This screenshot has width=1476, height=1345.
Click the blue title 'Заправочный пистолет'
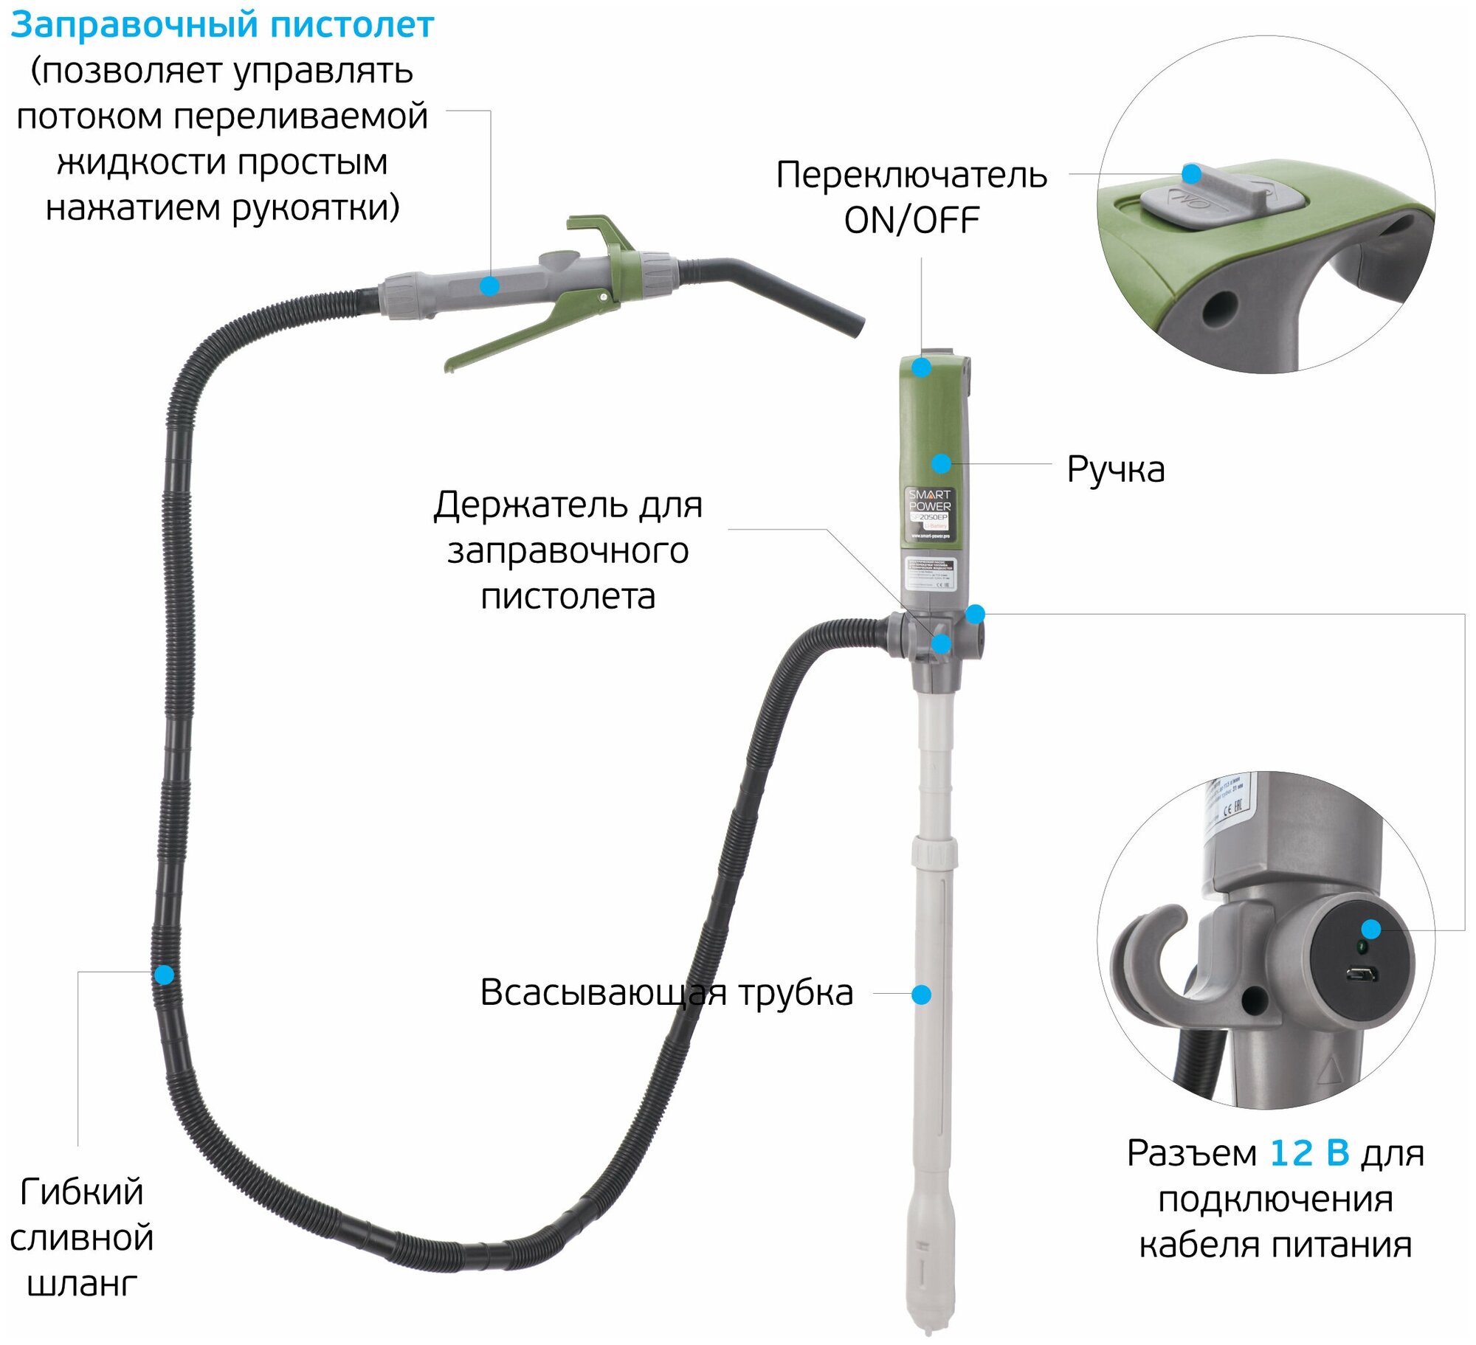pyautogui.click(x=221, y=25)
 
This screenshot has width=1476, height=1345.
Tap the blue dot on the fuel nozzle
pyautogui.click(x=489, y=286)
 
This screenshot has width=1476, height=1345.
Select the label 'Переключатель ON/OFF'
pyautogui.click(x=911, y=198)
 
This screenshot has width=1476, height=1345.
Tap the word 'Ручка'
pyautogui.click(x=1116, y=470)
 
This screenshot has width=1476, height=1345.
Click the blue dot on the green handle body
pyautogui.click(x=941, y=463)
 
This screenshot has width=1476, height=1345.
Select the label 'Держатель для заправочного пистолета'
pyautogui.click(x=568, y=550)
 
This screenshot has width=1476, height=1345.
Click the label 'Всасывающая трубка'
pyautogui.click(x=666, y=992)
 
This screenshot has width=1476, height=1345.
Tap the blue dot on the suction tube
pyautogui.click(x=921, y=995)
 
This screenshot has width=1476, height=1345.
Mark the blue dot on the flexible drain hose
pyautogui.click(x=164, y=975)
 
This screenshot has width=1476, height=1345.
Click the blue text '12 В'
pyautogui.click(x=1309, y=1153)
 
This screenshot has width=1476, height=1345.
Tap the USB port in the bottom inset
pyautogui.click(x=1361, y=975)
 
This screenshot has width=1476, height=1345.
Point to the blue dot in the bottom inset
pyautogui.click(x=1370, y=929)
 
